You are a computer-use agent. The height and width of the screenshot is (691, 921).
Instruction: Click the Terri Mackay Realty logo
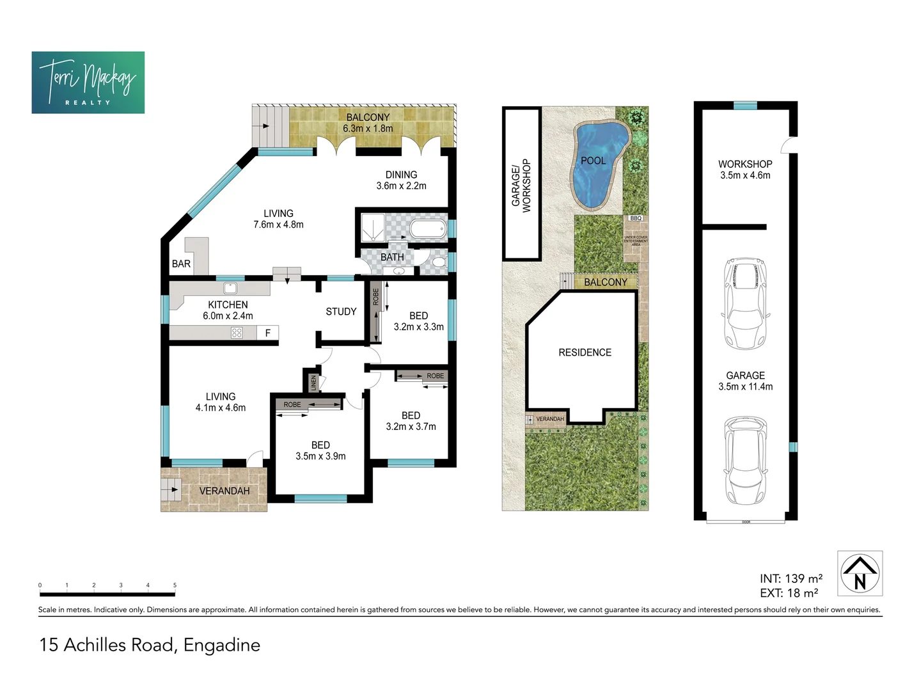tap(88, 83)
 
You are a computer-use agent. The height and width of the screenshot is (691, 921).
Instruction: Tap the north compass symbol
tap(860, 573)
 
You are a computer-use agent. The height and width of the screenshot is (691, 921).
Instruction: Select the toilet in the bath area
tap(439, 262)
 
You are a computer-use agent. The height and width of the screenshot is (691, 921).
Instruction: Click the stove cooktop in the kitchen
tap(237, 333)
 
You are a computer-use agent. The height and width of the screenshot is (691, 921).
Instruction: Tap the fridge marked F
tap(267, 333)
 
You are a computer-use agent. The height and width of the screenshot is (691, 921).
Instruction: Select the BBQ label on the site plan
tap(635, 218)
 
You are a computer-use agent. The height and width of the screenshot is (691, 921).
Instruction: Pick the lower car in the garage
tap(744, 461)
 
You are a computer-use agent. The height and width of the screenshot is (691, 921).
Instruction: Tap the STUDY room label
tap(341, 312)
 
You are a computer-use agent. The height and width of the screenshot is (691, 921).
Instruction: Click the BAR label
tap(181, 264)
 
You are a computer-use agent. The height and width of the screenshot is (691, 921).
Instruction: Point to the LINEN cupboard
tap(313, 383)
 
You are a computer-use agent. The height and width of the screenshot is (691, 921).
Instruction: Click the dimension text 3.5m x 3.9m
tap(320, 456)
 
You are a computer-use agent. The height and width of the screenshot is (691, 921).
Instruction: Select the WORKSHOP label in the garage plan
tap(745, 164)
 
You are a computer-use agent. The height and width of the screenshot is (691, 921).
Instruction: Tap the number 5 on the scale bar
tap(175, 585)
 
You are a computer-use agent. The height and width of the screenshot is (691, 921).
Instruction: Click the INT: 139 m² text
tap(791, 578)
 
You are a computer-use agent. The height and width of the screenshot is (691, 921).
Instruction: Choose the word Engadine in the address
tap(222, 645)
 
